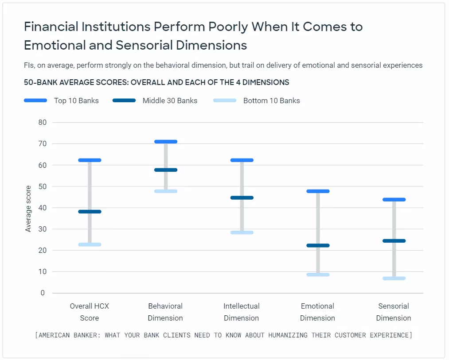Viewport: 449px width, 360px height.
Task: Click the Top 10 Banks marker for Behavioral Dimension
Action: point(165,142)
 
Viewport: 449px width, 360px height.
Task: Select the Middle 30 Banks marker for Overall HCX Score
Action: point(90,212)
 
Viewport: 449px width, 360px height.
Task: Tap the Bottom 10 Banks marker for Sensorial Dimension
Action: point(394,279)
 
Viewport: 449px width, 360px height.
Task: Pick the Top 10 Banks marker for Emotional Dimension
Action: point(318,191)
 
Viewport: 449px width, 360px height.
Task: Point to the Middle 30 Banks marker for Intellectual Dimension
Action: point(242,198)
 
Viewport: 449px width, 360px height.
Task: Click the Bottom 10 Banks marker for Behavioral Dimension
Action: point(165,191)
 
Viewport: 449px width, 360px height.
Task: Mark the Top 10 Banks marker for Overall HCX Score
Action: point(90,160)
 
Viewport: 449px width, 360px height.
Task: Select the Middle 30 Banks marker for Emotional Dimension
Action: point(318,245)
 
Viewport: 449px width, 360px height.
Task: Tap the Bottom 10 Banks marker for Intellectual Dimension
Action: point(242,232)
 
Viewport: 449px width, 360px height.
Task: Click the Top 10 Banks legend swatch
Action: point(35,101)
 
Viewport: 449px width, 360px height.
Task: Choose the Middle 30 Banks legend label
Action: point(170,101)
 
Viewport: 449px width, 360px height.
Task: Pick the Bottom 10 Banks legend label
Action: point(271,101)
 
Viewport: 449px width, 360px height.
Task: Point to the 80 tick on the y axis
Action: point(43,122)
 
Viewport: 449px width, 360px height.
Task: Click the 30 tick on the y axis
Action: point(43,229)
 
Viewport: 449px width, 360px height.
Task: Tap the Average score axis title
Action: point(28,208)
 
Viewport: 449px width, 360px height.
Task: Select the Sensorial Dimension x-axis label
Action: point(394,312)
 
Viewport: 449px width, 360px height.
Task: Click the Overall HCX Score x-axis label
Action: point(90,312)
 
